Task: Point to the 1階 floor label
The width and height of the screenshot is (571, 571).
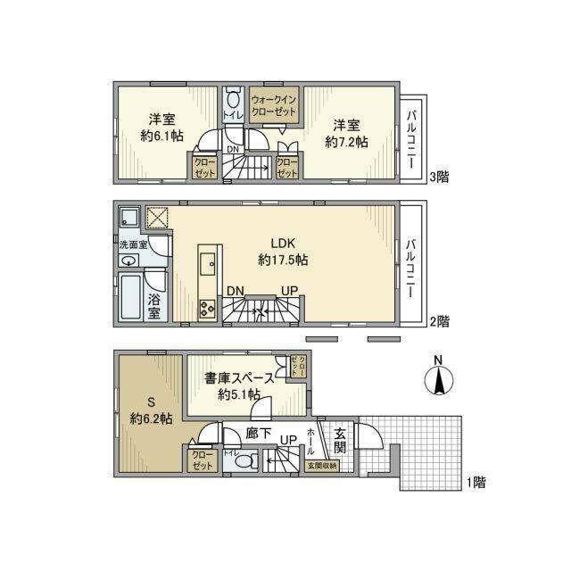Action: [474, 483]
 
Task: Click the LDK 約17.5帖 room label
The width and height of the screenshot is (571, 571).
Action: [283, 252]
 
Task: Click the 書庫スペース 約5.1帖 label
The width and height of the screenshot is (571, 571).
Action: [238, 385]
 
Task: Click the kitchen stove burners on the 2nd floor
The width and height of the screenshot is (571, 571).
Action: [207, 309]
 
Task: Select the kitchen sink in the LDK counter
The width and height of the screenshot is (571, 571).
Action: [207, 262]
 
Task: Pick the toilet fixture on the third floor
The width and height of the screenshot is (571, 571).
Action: [234, 100]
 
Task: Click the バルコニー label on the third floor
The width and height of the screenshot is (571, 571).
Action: [411, 135]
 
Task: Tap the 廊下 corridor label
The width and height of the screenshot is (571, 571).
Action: [258, 434]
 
